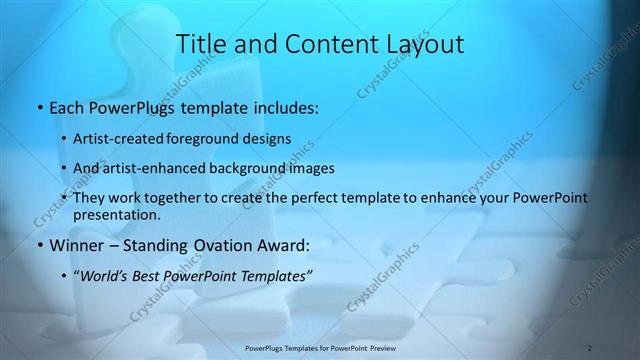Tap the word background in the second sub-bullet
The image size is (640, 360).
point(262,168)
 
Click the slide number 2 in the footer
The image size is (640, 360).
point(590,348)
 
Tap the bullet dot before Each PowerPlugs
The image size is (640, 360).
point(38,105)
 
